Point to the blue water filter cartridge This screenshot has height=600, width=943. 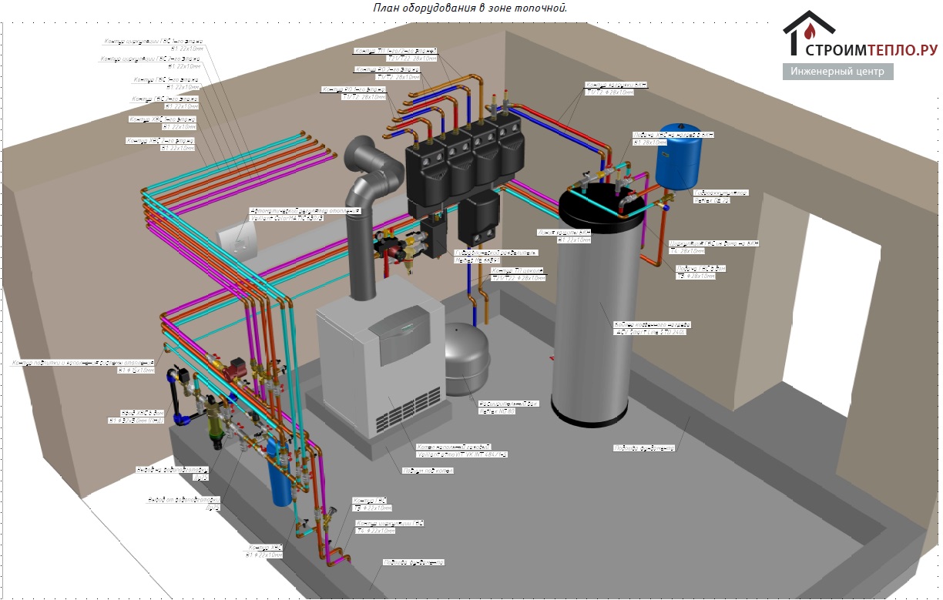pyautogui.click(x=278, y=482)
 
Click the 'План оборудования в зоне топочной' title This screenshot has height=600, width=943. pyautogui.click(x=471, y=8)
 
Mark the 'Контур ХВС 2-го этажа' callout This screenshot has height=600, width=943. pyautogui.click(x=162, y=119)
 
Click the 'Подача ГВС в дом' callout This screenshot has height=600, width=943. pyautogui.click(x=700, y=268)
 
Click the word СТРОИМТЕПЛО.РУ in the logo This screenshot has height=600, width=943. pyautogui.click(x=871, y=51)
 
